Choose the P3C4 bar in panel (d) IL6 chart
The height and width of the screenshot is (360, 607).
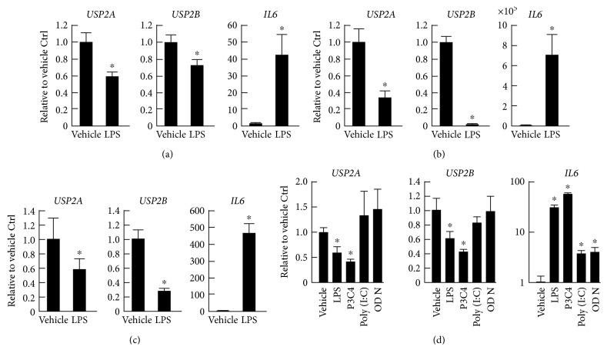[x=567, y=238]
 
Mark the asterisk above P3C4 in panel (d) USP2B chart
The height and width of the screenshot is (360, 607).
[x=463, y=244]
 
